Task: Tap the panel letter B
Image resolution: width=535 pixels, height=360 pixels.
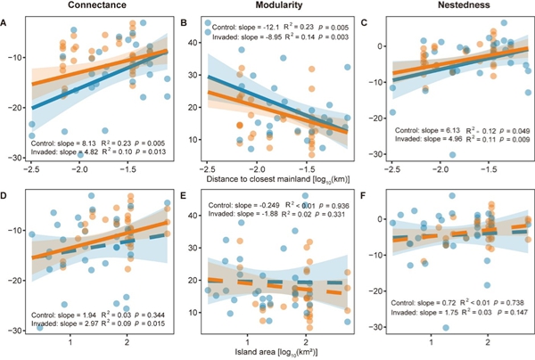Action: coord(184,23)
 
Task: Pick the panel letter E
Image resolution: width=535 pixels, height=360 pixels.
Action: coord(184,192)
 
